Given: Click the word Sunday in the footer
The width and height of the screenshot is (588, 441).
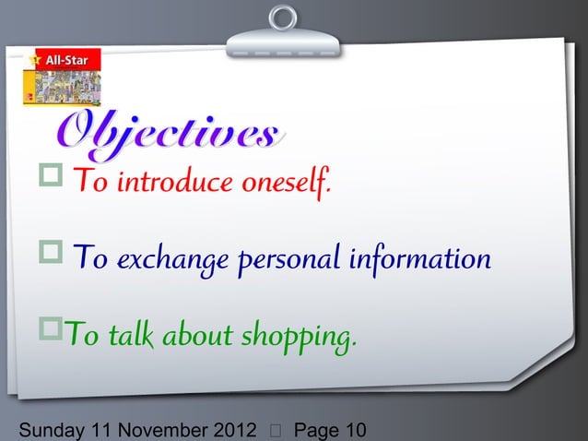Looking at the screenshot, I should [x=42, y=429].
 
